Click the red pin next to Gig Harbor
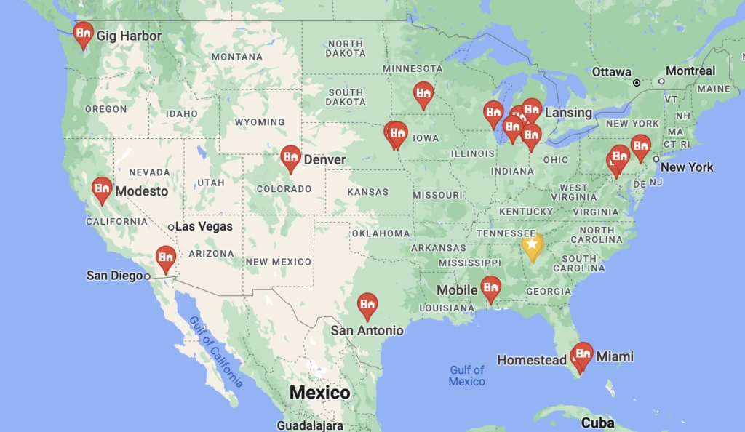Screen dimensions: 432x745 (x=83, y=33)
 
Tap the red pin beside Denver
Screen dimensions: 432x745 (x=291, y=157)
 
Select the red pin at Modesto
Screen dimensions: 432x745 (x=102, y=189)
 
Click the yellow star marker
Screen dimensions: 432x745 (x=532, y=245)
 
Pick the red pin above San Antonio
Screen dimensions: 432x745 (x=367, y=305)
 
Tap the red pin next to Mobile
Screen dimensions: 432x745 (x=491, y=287)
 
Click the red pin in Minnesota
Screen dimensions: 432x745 (x=423, y=93)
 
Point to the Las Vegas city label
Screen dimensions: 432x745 (x=204, y=226)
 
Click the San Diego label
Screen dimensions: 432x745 (x=114, y=276)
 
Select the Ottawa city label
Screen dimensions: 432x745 (x=611, y=72)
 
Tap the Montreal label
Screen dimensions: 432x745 (x=690, y=71)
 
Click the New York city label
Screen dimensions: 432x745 (x=687, y=167)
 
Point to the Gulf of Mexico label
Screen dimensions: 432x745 (x=466, y=376)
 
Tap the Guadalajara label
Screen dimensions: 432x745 (x=309, y=425)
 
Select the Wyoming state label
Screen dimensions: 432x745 (x=260, y=122)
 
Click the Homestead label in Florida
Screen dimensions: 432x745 (x=531, y=360)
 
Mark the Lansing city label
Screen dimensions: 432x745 (x=568, y=113)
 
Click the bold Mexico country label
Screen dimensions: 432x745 (x=319, y=393)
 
